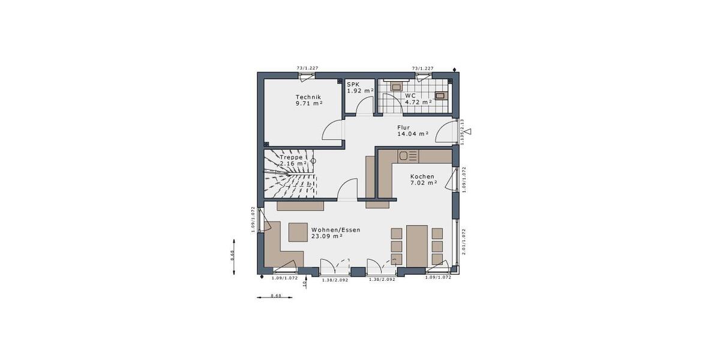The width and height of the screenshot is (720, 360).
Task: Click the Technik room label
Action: pyautogui.click(x=308, y=97)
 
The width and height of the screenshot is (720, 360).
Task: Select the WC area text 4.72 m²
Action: pyautogui.click(x=418, y=103)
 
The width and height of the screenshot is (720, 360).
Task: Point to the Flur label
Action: pyautogui.click(x=403, y=127)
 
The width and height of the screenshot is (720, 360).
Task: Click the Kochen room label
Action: pyautogui.click(x=422, y=176)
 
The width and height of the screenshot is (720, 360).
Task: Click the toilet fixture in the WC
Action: pyautogui.click(x=396, y=87)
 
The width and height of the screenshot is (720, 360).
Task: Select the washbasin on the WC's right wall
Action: pyautogui.click(x=441, y=95)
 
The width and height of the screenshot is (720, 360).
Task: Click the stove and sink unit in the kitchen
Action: pyautogui.click(x=407, y=156)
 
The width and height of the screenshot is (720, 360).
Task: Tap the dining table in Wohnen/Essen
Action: pyautogui.click(x=416, y=245)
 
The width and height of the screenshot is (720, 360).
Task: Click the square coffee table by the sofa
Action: pyautogui.click(x=298, y=232)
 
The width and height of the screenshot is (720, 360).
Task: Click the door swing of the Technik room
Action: pyautogui.click(x=333, y=130)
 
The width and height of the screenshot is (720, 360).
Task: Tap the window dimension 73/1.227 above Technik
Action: pyautogui.click(x=307, y=68)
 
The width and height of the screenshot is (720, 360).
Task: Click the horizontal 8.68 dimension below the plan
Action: pyautogui.click(x=275, y=296)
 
